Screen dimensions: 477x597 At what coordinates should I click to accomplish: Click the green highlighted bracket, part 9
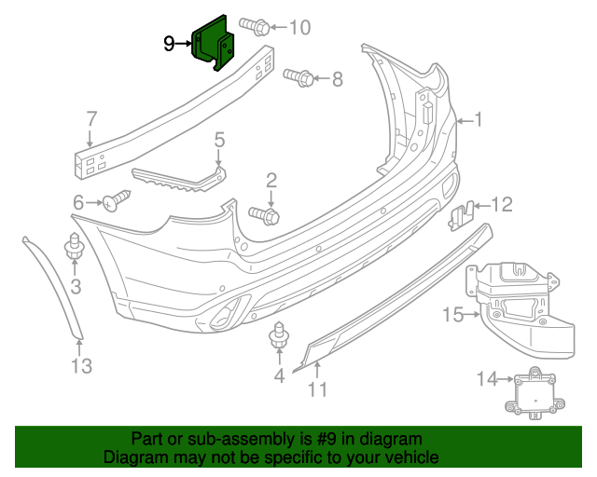click(210, 41)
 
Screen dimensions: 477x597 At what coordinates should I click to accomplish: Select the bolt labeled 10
click(253, 25)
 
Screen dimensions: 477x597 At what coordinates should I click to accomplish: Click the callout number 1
click(479, 120)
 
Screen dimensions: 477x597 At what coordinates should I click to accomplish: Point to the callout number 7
click(91, 119)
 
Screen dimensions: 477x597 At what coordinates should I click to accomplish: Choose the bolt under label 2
click(265, 215)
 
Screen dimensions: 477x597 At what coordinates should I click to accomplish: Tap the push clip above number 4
click(279, 337)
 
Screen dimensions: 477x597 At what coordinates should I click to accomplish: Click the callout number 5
click(219, 141)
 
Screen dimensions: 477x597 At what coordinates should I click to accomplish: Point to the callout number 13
click(82, 366)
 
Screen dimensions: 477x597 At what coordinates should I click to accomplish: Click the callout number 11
click(318, 389)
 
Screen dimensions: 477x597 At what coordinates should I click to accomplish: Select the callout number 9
click(169, 43)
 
